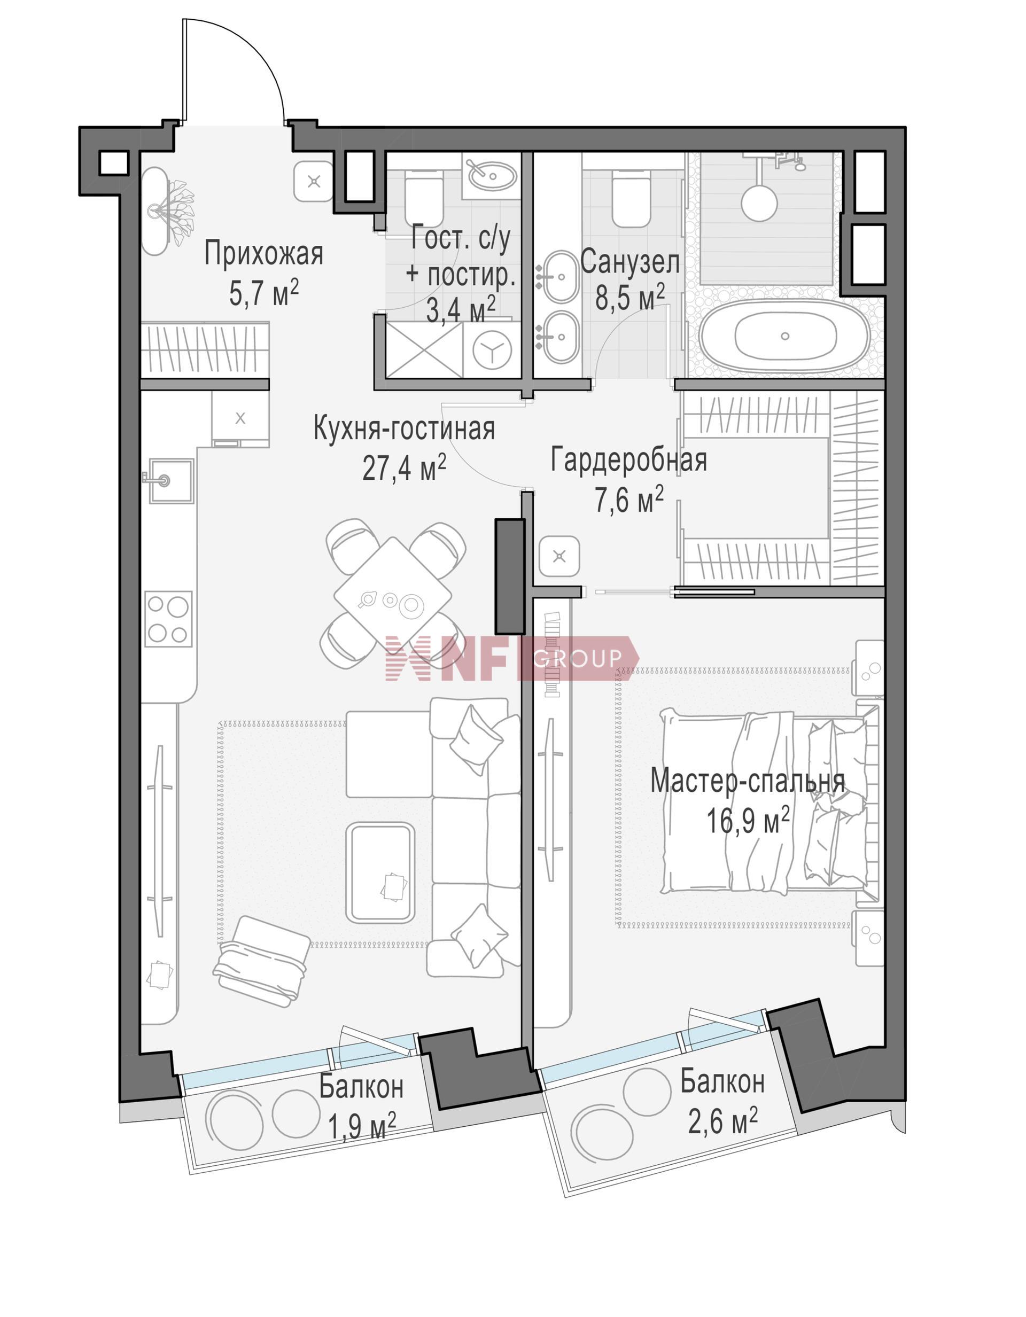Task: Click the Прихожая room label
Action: click(263, 254)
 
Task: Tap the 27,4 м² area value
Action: click(404, 468)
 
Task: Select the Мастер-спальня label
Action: click(748, 782)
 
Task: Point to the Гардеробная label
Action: click(628, 460)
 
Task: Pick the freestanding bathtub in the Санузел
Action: click(785, 336)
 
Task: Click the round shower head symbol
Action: click(759, 202)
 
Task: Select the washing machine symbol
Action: click(493, 350)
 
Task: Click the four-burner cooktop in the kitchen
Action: click(168, 619)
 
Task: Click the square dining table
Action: click(393, 593)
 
